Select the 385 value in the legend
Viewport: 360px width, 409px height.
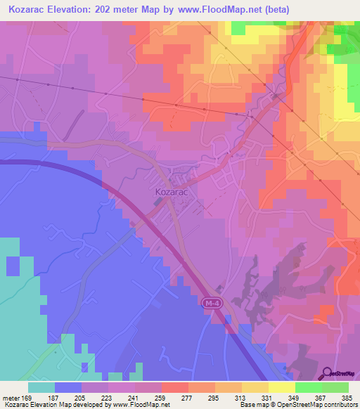pos(347,398)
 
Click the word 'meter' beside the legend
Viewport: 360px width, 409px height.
pos(10,398)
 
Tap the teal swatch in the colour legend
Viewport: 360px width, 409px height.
pos(41,387)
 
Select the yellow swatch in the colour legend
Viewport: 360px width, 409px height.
pos(281,387)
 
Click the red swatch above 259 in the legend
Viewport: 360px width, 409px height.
pos(174,387)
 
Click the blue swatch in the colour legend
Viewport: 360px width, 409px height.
pos(68,387)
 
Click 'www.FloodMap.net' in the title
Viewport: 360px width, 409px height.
pos(219,9)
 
